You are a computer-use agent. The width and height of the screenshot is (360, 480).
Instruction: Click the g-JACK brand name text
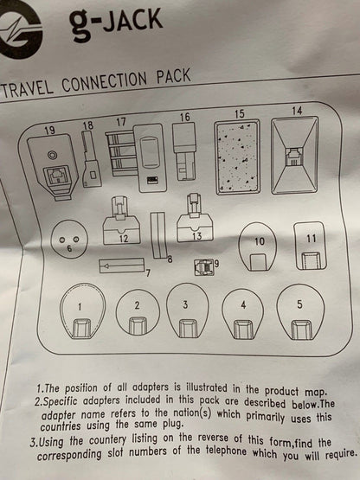(x=116, y=24)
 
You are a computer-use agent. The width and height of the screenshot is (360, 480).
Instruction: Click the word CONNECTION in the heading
(x=105, y=82)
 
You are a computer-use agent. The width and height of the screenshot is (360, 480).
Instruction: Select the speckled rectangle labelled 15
(x=237, y=157)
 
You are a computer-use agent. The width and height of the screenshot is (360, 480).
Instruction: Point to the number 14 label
(x=297, y=111)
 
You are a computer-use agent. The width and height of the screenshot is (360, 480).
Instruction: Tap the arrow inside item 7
(x=122, y=266)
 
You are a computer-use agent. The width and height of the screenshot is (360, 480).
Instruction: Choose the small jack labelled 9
(x=203, y=267)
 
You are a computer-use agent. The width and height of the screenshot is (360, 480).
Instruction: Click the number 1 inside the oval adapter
(x=80, y=307)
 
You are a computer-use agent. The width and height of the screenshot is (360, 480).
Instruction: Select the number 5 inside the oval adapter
(x=299, y=304)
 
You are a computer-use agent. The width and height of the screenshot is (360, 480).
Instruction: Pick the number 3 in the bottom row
(x=185, y=305)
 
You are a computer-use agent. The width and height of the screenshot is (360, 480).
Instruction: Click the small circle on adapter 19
(x=51, y=155)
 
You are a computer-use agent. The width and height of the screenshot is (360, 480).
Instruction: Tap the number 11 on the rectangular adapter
(x=311, y=239)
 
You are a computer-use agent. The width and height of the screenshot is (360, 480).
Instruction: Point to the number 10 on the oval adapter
(x=260, y=241)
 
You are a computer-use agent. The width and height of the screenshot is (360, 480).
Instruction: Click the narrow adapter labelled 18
(x=92, y=159)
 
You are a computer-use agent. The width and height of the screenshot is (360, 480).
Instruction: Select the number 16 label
(x=184, y=117)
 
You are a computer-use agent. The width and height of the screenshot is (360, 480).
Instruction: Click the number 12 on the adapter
(x=124, y=239)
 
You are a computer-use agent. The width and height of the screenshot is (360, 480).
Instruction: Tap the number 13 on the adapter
(x=196, y=236)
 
